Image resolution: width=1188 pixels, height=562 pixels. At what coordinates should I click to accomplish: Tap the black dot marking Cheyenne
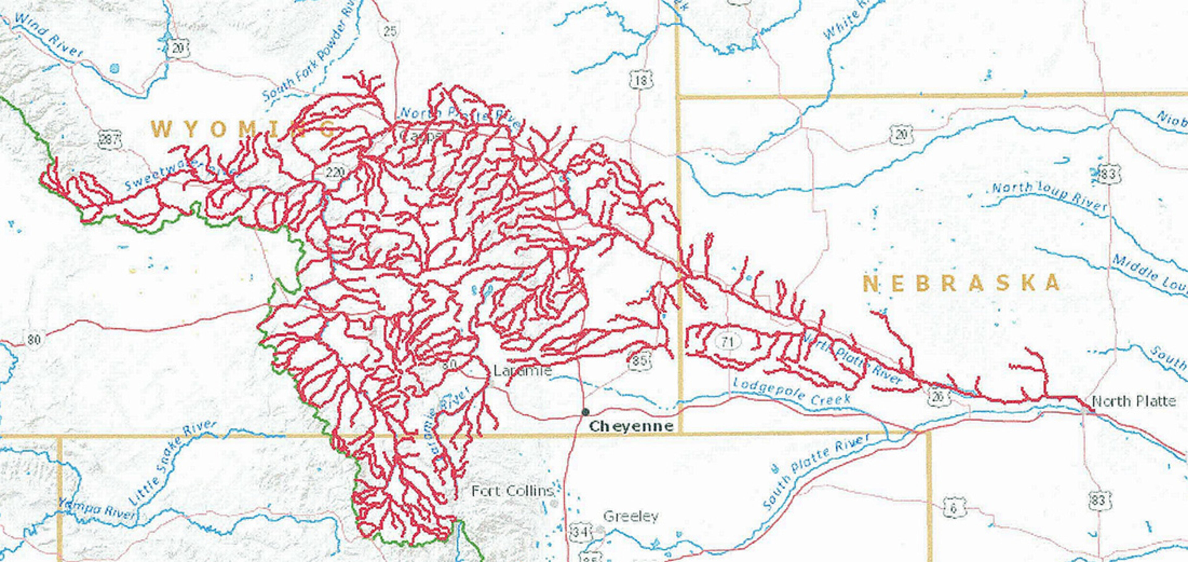click(x=586, y=411)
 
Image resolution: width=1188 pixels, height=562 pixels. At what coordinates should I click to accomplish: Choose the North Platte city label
click(x=1134, y=401)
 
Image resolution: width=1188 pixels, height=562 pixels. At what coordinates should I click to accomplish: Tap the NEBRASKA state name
click(x=962, y=283)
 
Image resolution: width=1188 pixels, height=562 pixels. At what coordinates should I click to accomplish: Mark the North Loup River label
click(x=1049, y=196)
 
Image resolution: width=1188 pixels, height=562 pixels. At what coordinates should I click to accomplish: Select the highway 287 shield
click(x=110, y=139)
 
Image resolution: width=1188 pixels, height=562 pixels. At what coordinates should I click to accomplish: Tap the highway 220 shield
click(x=335, y=173)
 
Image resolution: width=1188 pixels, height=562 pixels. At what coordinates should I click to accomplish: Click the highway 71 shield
click(x=728, y=342)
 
